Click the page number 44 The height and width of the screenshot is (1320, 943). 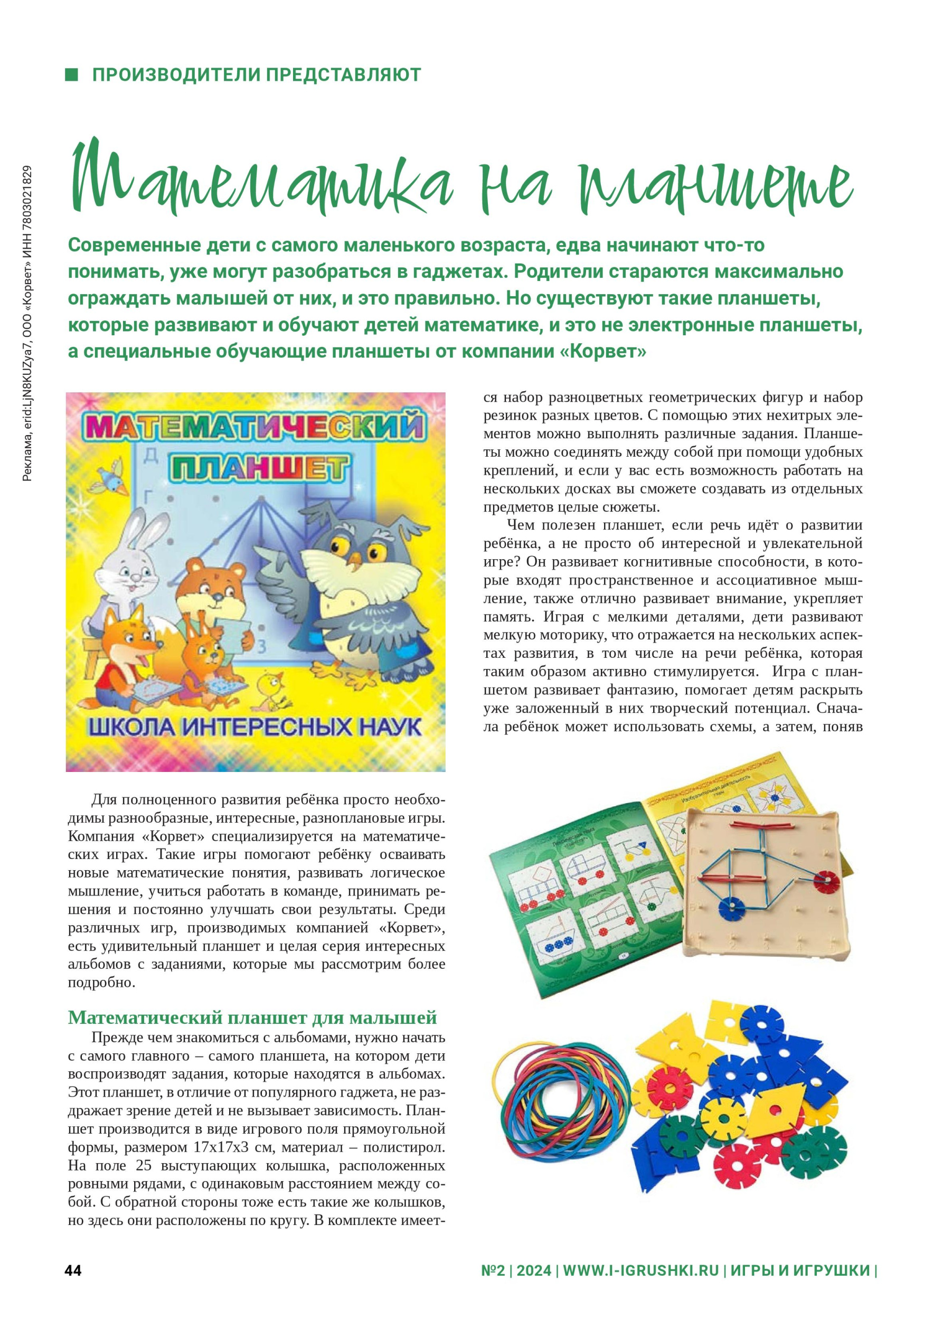[x=73, y=1271]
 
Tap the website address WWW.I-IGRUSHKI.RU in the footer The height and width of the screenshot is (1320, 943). [x=640, y=1271]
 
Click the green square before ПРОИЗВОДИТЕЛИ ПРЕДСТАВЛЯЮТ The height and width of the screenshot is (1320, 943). [x=71, y=74]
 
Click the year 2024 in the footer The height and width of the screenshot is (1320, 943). [x=534, y=1271]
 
